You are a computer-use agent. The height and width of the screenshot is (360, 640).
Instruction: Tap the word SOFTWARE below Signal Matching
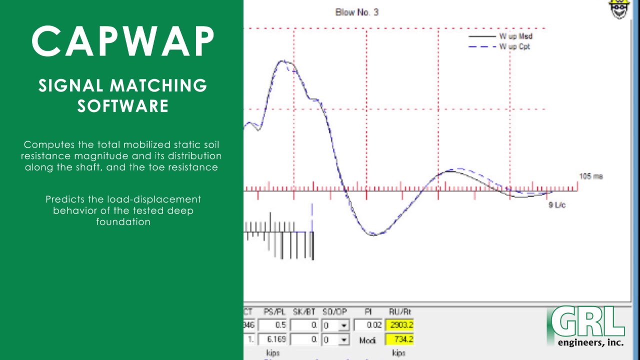pyautogui.click(x=123, y=106)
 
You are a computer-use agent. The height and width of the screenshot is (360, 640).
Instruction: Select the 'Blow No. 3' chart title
pyautogui.click(x=356, y=12)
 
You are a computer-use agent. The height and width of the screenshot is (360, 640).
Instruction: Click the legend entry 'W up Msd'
pyautogui.click(x=515, y=36)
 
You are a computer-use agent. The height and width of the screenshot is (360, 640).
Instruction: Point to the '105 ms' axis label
pyautogui.click(x=590, y=176)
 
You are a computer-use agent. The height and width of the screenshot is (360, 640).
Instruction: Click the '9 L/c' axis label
pyautogui.click(x=557, y=205)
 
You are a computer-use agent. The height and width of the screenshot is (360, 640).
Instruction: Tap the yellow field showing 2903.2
pyautogui.click(x=400, y=325)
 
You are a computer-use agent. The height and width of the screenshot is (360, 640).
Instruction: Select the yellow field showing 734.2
pyautogui.click(x=400, y=339)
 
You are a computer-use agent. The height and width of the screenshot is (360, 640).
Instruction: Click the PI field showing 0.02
pyautogui.click(x=368, y=325)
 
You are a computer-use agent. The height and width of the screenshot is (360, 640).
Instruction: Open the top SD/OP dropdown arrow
pyautogui.click(x=343, y=325)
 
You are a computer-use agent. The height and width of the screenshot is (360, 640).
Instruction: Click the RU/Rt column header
pyautogui.click(x=399, y=312)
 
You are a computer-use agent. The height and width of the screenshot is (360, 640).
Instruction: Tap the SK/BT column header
pyautogui.click(x=304, y=312)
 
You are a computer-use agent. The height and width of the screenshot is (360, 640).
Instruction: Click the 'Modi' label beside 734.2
pyautogui.click(x=367, y=340)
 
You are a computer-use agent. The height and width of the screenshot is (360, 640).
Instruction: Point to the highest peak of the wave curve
pyautogui.click(x=283, y=61)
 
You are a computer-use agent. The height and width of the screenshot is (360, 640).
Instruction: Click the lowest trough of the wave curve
pyautogui.click(x=373, y=234)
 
